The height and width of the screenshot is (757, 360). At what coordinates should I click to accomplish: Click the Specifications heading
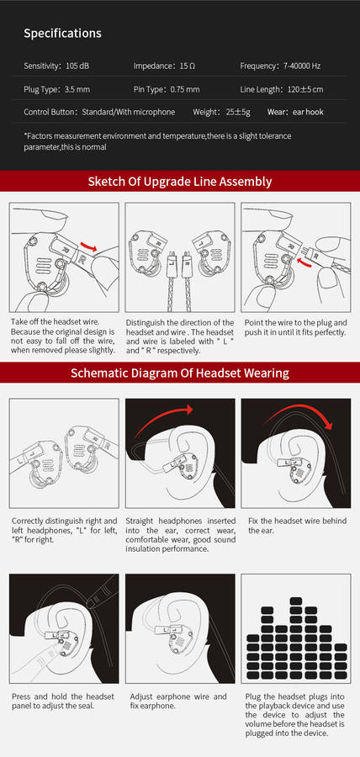(x=63, y=34)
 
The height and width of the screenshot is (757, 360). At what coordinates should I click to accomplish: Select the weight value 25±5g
(x=238, y=112)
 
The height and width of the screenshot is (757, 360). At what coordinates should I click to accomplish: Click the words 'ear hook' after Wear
(x=308, y=112)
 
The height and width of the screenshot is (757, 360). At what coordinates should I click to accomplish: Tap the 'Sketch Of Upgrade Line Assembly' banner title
(x=180, y=182)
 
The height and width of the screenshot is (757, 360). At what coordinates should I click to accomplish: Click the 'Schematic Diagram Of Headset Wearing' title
(x=180, y=373)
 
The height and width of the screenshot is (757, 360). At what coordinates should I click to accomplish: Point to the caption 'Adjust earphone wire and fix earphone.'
(x=178, y=701)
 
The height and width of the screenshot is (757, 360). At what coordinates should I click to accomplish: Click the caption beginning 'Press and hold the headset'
(x=63, y=701)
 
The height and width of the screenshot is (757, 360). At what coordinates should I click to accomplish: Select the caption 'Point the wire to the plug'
(x=295, y=327)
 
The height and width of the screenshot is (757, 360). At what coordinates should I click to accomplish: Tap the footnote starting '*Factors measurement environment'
(x=157, y=141)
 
